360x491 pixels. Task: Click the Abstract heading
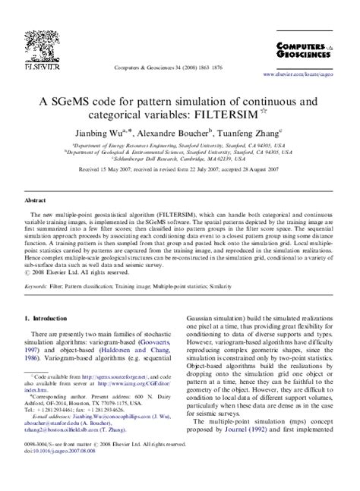point(35,200)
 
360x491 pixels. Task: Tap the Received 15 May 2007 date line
point(180,173)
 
